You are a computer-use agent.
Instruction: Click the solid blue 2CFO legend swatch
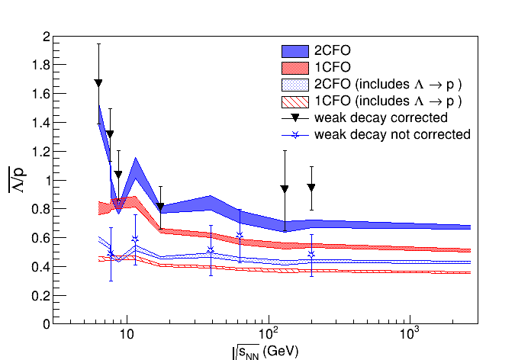(294, 51)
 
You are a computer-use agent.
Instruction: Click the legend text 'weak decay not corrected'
(392, 135)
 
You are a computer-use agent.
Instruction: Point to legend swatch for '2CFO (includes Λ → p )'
(294, 85)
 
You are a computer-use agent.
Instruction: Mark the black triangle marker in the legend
(294, 118)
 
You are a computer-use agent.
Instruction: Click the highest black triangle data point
(98, 82)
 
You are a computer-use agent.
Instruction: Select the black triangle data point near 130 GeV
(285, 188)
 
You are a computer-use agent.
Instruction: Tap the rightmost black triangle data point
(311, 187)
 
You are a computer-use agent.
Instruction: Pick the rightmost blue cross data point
(311, 255)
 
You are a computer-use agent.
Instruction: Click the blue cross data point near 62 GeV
(240, 235)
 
